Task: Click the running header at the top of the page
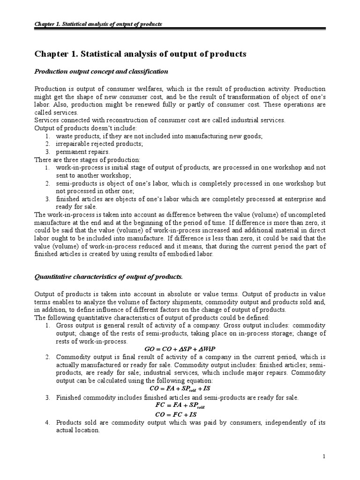98,24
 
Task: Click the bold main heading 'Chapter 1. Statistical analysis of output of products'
140,54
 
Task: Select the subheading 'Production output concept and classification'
101,71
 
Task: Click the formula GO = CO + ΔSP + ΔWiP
180,349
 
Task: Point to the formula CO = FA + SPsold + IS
180,388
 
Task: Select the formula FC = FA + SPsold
180,405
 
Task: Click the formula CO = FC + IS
180,414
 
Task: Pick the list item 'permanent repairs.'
82,152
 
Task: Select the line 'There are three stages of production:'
87,160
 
